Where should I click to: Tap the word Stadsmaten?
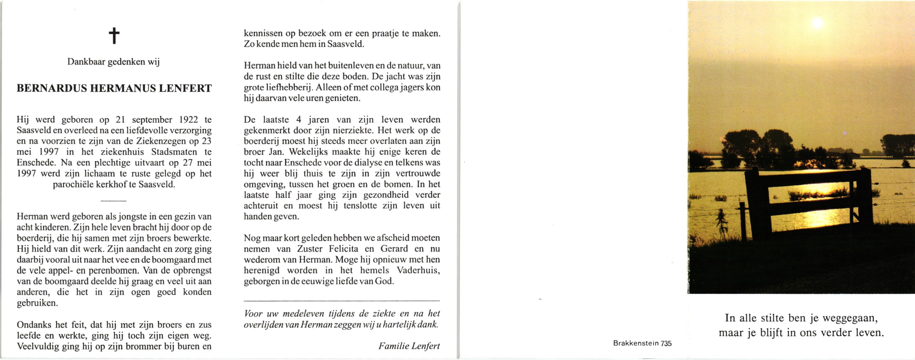point(174,152)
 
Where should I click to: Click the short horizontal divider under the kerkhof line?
point(113,201)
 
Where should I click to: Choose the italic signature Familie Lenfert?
point(409,346)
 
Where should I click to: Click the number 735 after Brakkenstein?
point(666,344)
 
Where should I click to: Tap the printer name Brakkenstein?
point(636,344)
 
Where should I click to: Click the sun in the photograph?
point(817,23)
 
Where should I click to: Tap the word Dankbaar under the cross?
point(86,62)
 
